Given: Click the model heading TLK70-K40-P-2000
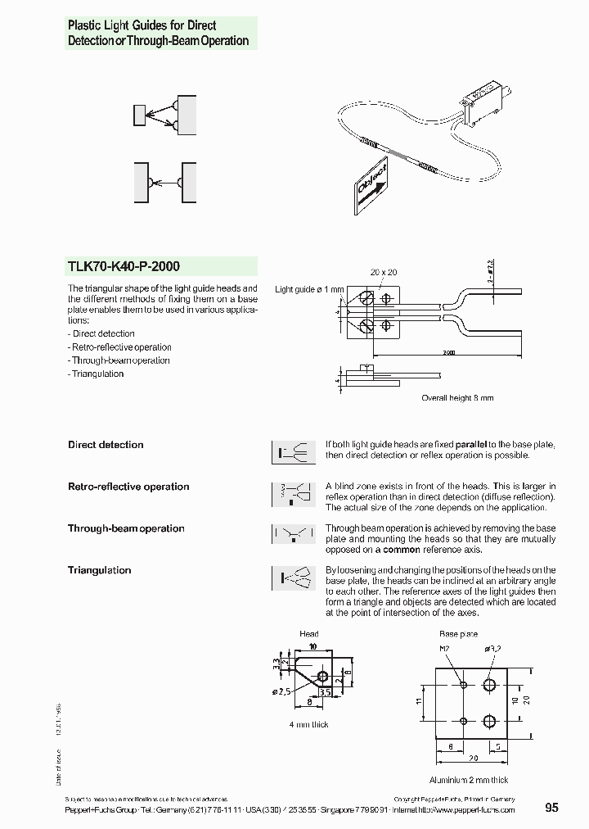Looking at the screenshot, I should tap(124, 266).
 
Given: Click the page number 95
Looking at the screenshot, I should tap(551, 808).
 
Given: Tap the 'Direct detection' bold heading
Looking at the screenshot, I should tap(106, 445).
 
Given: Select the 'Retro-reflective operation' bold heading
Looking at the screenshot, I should tap(128, 487).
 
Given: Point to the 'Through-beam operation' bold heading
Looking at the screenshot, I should tap(126, 528).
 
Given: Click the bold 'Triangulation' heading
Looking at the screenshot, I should tap(99, 570).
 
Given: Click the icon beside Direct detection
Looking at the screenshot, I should tap(293, 452).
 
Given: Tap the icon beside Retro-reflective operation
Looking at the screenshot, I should tap(293, 494).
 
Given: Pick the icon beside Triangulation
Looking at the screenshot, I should tap(293, 578).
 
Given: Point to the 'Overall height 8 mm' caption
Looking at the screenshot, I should tap(457, 398).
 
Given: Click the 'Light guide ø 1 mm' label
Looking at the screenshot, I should tap(309, 289).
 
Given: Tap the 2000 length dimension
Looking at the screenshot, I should tap(450, 352).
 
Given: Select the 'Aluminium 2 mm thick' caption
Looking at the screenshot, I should tap(469, 780).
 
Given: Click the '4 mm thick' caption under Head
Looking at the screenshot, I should tap(308, 724).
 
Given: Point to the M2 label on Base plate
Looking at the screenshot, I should tap(446, 649).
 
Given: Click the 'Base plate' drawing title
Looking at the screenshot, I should tap(458, 634).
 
